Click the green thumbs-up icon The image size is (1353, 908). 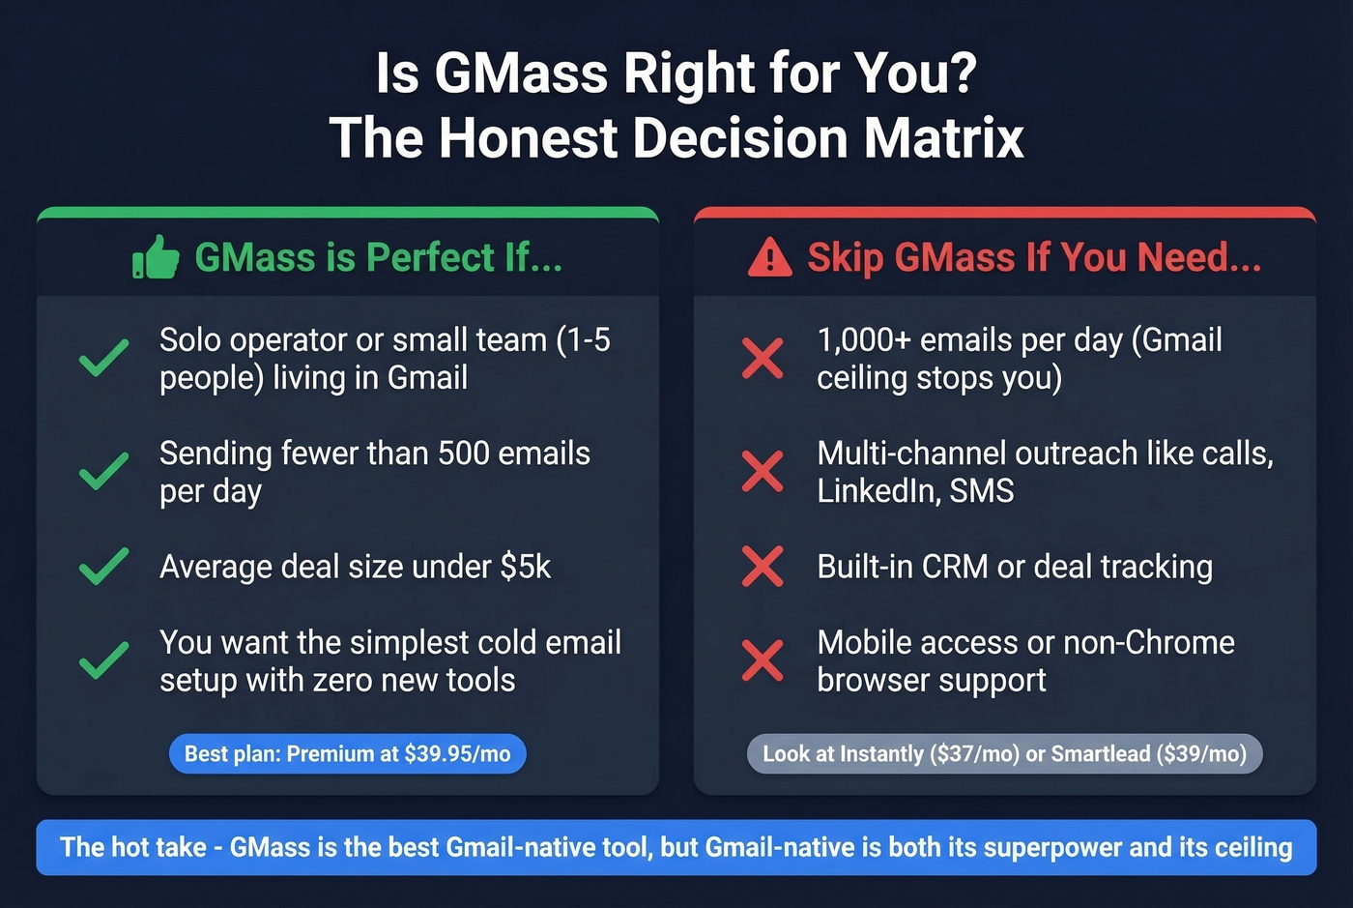[156, 258]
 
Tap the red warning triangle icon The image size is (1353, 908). [770, 258]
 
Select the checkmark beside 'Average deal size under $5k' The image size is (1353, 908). [103, 567]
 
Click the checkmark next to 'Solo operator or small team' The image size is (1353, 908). [103, 358]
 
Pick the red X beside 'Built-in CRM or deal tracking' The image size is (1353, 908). [763, 567]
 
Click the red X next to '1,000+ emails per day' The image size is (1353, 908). [763, 358]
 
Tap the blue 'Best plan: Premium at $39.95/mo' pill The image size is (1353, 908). [347, 754]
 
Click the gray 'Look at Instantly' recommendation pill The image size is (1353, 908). [1004, 754]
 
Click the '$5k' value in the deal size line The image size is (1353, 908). [525, 567]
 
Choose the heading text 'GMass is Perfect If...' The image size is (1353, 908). [378, 258]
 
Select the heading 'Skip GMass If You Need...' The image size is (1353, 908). [1033, 258]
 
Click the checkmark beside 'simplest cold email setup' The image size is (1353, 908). [103, 661]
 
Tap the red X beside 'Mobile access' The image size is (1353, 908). [763, 661]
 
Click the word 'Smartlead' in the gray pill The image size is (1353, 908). [1100, 754]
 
